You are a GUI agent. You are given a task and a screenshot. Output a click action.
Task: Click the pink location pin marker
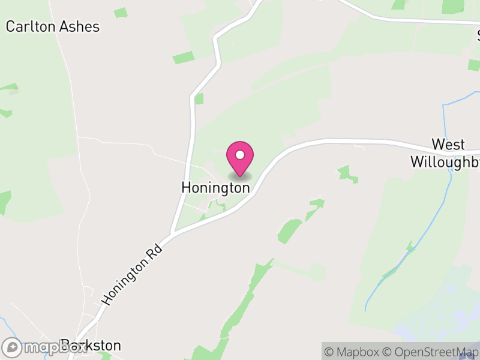pyautogui.click(x=240, y=158)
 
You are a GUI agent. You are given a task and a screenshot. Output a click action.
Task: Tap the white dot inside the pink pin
pyautogui.click(x=240, y=155)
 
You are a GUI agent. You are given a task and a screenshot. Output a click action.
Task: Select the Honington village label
pyautogui.click(x=215, y=188)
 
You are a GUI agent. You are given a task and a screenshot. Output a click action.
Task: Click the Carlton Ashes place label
pyautogui.click(x=53, y=26)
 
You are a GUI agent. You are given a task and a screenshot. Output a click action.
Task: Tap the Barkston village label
pyautogui.click(x=90, y=346)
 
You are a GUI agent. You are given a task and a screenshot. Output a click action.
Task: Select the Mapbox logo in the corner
pyautogui.click(x=44, y=347)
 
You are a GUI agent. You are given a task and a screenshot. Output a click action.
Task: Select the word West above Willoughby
pyautogui.click(x=448, y=145)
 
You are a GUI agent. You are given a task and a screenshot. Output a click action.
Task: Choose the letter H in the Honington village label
pyautogui.click(x=186, y=188)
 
